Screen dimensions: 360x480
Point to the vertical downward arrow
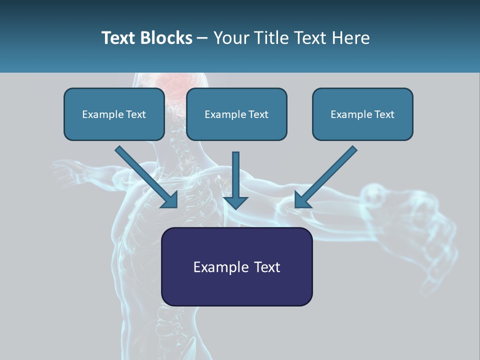pyautogui.click(x=235, y=180)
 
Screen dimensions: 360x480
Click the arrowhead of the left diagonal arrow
pyautogui.click(x=170, y=200)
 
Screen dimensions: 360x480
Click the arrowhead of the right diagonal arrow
pyautogui.click(x=302, y=200)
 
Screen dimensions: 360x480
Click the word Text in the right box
pyautogui.click(x=383, y=114)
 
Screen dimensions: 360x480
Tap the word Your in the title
pyautogui.click(x=231, y=38)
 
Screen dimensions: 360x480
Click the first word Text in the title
pyautogui.click(x=118, y=38)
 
